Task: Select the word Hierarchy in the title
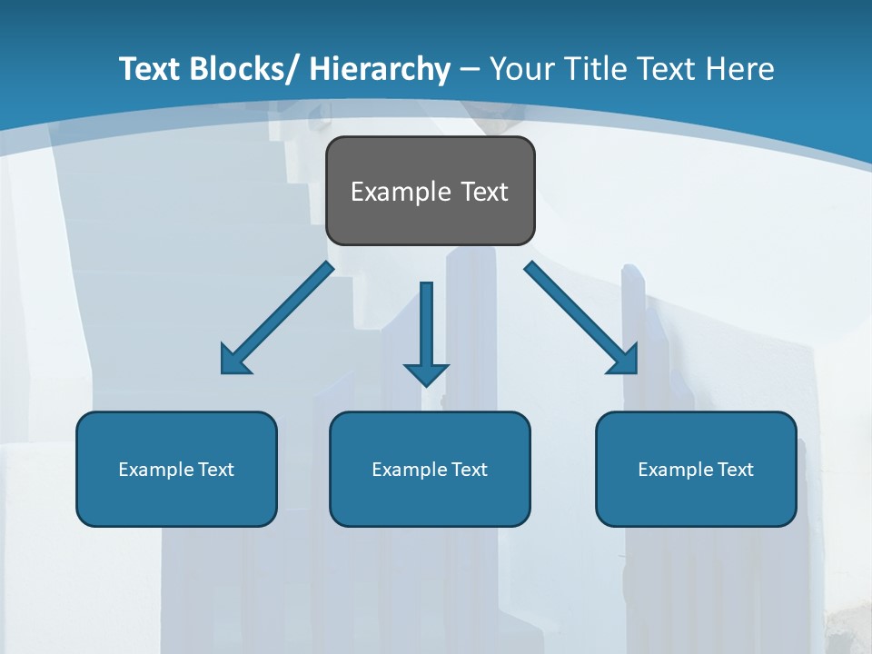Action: coord(380,70)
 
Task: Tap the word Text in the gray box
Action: coord(484,192)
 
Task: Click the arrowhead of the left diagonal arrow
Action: coord(233,362)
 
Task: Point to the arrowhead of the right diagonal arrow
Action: coord(625,361)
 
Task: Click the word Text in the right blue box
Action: coord(736,470)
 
